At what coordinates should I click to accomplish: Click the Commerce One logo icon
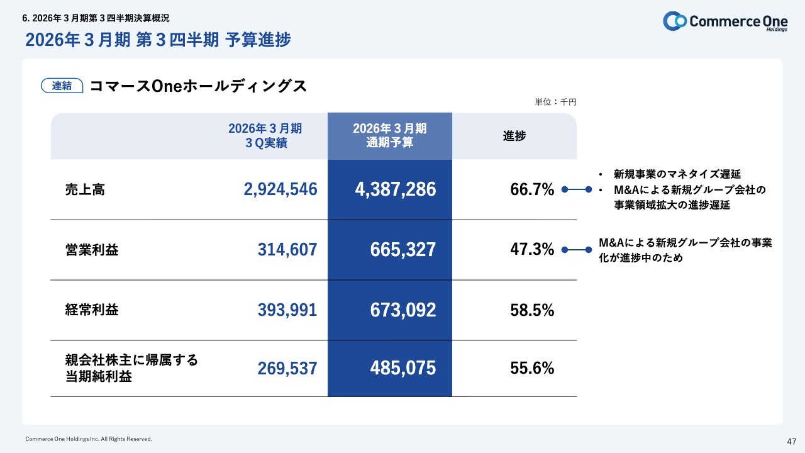[x=675, y=21]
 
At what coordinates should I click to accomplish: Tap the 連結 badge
[x=62, y=86]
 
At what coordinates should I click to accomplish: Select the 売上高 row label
[x=85, y=189]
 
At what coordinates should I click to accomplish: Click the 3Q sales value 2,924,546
[x=280, y=189]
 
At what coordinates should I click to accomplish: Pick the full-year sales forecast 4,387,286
[x=395, y=189]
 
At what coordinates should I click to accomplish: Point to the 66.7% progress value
[x=532, y=189]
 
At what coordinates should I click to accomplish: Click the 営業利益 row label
[x=92, y=250]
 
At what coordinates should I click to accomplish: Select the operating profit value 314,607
[x=287, y=250]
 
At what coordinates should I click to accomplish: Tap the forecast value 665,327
[x=402, y=250]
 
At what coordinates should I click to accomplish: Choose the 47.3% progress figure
[x=532, y=250]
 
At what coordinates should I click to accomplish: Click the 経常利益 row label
[x=92, y=310]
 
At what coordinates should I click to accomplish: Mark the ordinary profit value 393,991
[x=287, y=310]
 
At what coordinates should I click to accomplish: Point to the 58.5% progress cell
[x=532, y=310]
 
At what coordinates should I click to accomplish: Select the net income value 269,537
[x=287, y=368]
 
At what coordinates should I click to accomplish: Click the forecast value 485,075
[x=402, y=368]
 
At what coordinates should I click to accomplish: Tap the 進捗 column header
[x=514, y=136]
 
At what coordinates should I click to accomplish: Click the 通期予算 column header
[x=390, y=136]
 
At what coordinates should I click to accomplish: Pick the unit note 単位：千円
[x=555, y=102]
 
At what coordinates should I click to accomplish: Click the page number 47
[x=792, y=440]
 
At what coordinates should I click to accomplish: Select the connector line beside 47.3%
[x=577, y=250]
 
